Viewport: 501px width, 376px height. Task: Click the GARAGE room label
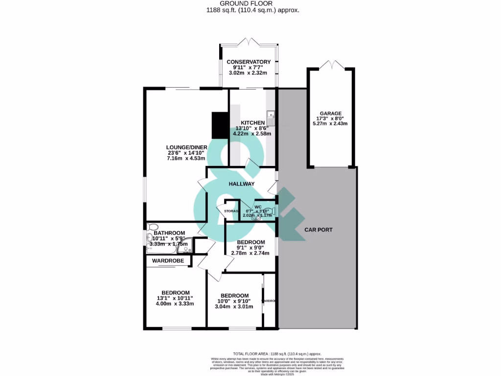point(331,113)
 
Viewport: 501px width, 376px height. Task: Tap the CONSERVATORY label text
point(249,62)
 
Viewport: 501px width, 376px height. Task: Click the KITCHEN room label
point(252,122)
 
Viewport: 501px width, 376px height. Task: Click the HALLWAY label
point(242,184)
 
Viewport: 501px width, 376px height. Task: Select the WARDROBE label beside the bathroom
point(168,261)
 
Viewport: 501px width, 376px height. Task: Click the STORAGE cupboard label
point(231,211)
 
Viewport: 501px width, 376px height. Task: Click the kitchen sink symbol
point(272,118)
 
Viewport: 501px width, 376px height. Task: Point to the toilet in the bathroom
point(151,227)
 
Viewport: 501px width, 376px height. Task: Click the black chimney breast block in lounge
point(220,125)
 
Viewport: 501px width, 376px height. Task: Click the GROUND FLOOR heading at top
point(250,3)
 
